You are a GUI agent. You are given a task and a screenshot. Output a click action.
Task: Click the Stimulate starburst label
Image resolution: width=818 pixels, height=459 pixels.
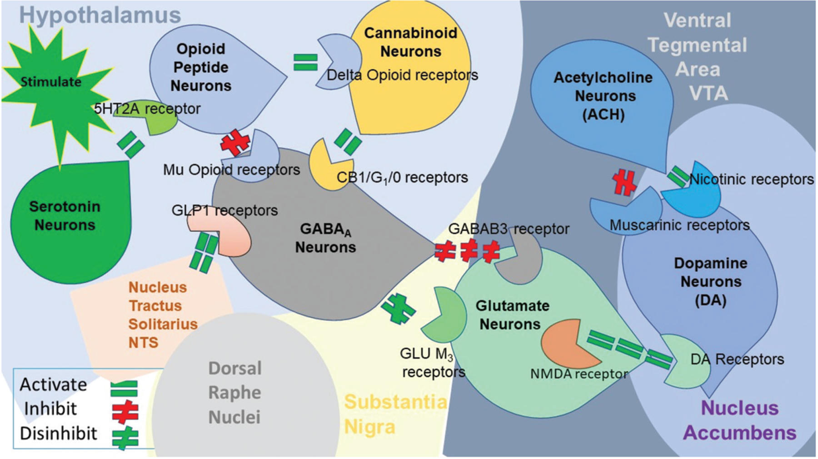[x=51, y=82]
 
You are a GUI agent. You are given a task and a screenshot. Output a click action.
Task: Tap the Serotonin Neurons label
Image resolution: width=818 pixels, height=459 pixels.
[x=65, y=216]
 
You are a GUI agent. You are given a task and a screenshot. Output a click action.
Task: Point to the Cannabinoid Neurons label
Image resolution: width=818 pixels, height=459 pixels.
[x=410, y=42]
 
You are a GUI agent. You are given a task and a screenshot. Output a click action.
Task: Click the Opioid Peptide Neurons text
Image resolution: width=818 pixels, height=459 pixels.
[x=200, y=67]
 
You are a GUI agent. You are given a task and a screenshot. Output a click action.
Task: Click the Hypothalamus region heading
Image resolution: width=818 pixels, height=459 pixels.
[x=100, y=15]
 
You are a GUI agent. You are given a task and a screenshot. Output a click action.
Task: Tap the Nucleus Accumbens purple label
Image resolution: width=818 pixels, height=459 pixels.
[x=739, y=420]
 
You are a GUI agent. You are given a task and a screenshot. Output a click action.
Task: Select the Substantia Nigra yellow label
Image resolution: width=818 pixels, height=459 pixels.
[x=394, y=414]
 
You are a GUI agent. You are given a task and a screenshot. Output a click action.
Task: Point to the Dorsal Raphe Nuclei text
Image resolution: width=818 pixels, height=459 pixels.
[x=234, y=393]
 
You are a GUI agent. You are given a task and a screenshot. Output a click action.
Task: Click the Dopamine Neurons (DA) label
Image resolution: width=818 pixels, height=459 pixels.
[x=710, y=281]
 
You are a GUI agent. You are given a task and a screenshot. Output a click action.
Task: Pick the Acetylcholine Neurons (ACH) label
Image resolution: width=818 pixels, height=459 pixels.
[x=603, y=96]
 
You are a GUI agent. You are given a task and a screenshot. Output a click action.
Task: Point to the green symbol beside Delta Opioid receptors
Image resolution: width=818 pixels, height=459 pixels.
[x=305, y=63]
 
